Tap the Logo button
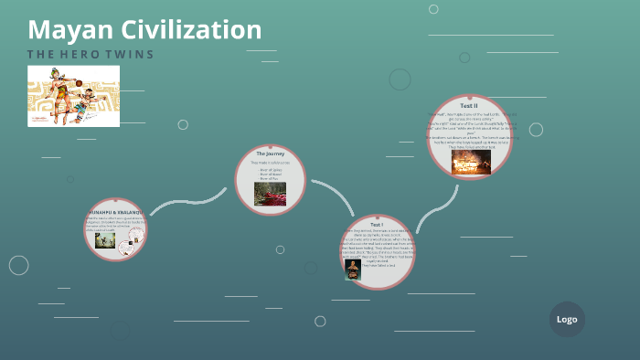[567, 319]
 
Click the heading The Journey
[271, 154]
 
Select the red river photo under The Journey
[270, 193]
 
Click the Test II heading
[469, 106]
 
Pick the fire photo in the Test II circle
[471, 162]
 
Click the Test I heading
[377, 224]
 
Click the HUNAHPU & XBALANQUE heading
[116, 211]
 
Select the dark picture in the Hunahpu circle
[105, 240]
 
